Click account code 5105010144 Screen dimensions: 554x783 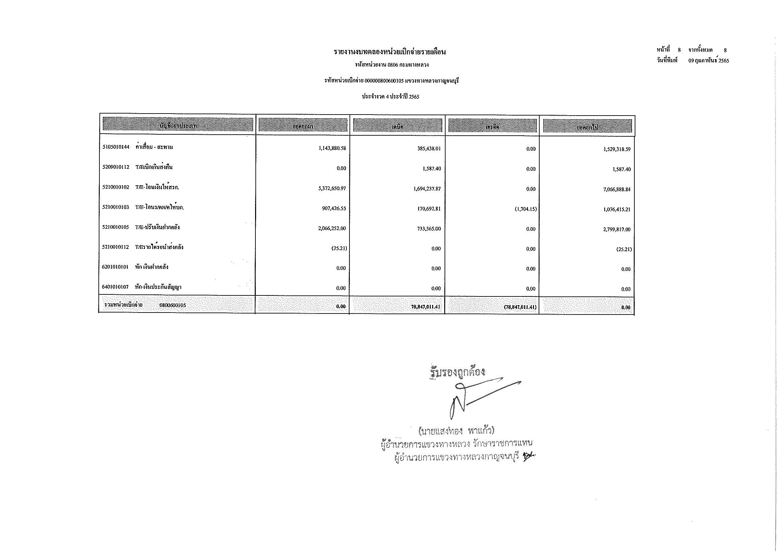coord(115,147)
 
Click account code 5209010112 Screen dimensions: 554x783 coord(115,167)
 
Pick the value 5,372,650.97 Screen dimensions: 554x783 coord(332,188)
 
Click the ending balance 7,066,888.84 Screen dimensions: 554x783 coord(617,189)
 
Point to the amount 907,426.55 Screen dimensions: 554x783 coord(334,208)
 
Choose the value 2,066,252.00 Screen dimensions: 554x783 coord(332,228)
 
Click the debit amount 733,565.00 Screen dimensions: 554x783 coord(429,228)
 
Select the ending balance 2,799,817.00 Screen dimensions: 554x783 coord(617,229)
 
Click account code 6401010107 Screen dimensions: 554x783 coord(115,287)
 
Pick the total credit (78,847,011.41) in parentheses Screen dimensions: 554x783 coord(520,307)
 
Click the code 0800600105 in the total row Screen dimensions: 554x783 coord(172,305)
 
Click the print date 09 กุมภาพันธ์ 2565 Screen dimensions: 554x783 coord(709,61)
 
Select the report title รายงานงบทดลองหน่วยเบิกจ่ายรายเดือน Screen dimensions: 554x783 coord(390,52)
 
